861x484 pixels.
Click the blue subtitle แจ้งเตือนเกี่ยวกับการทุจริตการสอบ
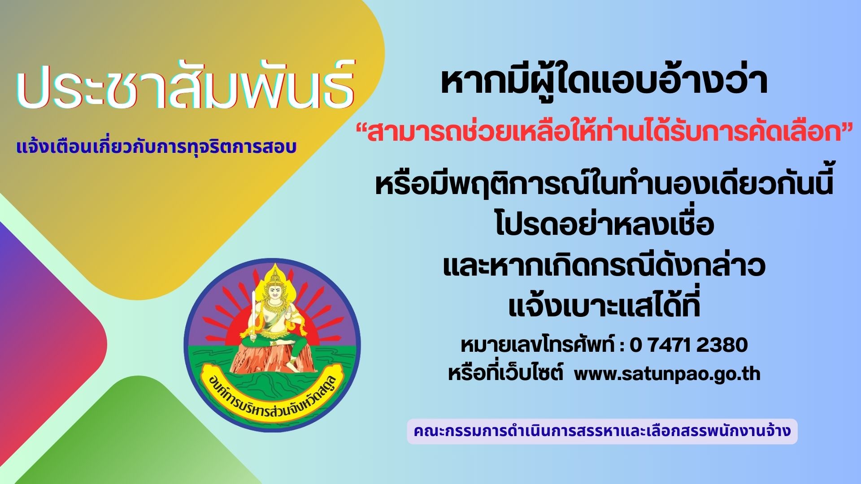pos(157,147)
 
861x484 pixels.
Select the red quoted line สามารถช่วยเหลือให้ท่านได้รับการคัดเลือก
pos(604,133)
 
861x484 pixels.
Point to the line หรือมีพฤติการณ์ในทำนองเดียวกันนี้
pos(604,184)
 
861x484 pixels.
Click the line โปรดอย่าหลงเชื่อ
pos(604,225)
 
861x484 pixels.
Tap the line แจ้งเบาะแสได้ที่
pos(604,306)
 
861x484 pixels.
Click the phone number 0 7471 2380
pos(689,345)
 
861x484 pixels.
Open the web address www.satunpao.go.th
pos(667,374)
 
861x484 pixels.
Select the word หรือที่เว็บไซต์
pos(505,373)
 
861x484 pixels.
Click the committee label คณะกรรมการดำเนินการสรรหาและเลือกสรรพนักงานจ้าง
pos(602,431)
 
